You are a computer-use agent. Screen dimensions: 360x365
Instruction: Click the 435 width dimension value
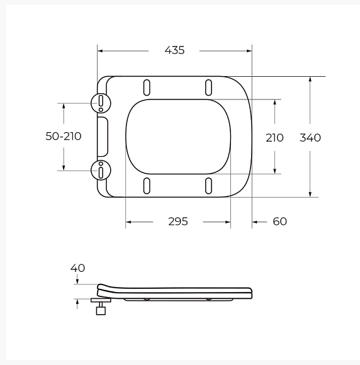point(174,50)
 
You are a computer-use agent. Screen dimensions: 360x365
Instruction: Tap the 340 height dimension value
point(310,138)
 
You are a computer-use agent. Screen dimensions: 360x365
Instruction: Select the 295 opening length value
point(178,222)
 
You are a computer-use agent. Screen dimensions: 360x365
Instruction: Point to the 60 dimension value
point(279,222)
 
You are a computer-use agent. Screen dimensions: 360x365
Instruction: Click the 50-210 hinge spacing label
point(64,136)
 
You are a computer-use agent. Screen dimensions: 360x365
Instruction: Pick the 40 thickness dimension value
point(77,268)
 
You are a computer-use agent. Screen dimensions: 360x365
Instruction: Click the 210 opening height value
point(274,138)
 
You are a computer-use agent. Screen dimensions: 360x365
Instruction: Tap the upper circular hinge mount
point(101,103)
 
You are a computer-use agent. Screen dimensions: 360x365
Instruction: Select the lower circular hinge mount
point(101,170)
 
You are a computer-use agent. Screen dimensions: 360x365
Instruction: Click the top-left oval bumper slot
point(147,87)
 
